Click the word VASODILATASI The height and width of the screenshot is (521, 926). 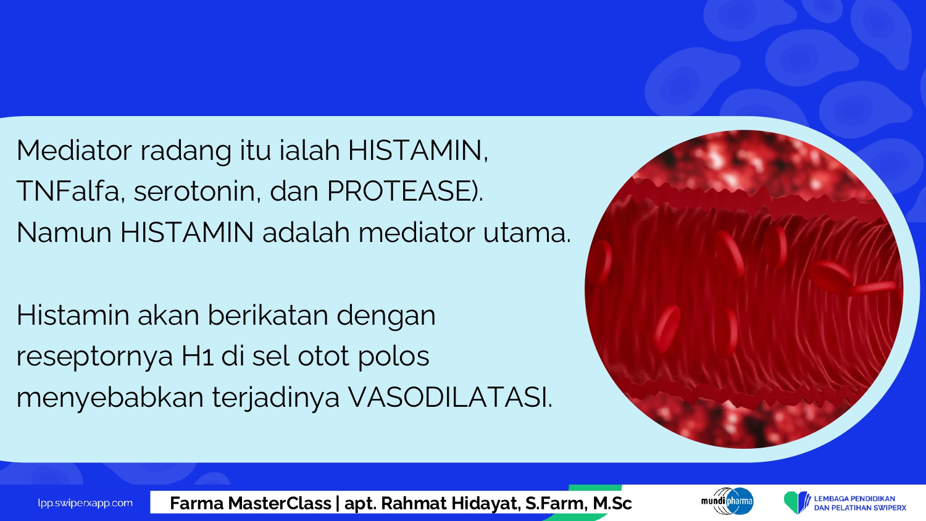pyautogui.click(x=449, y=398)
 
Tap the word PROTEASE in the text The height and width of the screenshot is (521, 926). pyautogui.click(x=400, y=191)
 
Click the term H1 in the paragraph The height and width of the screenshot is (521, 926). pyautogui.click(x=198, y=356)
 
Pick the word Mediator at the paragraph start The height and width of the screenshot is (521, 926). pyautogui.click(x=74, y=149)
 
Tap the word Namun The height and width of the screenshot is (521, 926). pyautogui.click(x=64, y=232)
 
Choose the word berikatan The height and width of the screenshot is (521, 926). pyautogui.click(x=267, y=315)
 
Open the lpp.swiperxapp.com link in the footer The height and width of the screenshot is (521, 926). pyautogui.click(x=85, y=503)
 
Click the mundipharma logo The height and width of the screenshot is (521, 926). pyautogui.click(x=727, y=501)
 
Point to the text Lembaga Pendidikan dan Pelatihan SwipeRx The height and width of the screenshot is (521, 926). pyautogui.click(x=860, y=503)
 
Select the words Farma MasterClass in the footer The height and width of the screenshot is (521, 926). pyautogui.click(x=251, y=503)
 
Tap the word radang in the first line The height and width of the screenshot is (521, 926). pyautogui.click(x=186, y=151)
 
